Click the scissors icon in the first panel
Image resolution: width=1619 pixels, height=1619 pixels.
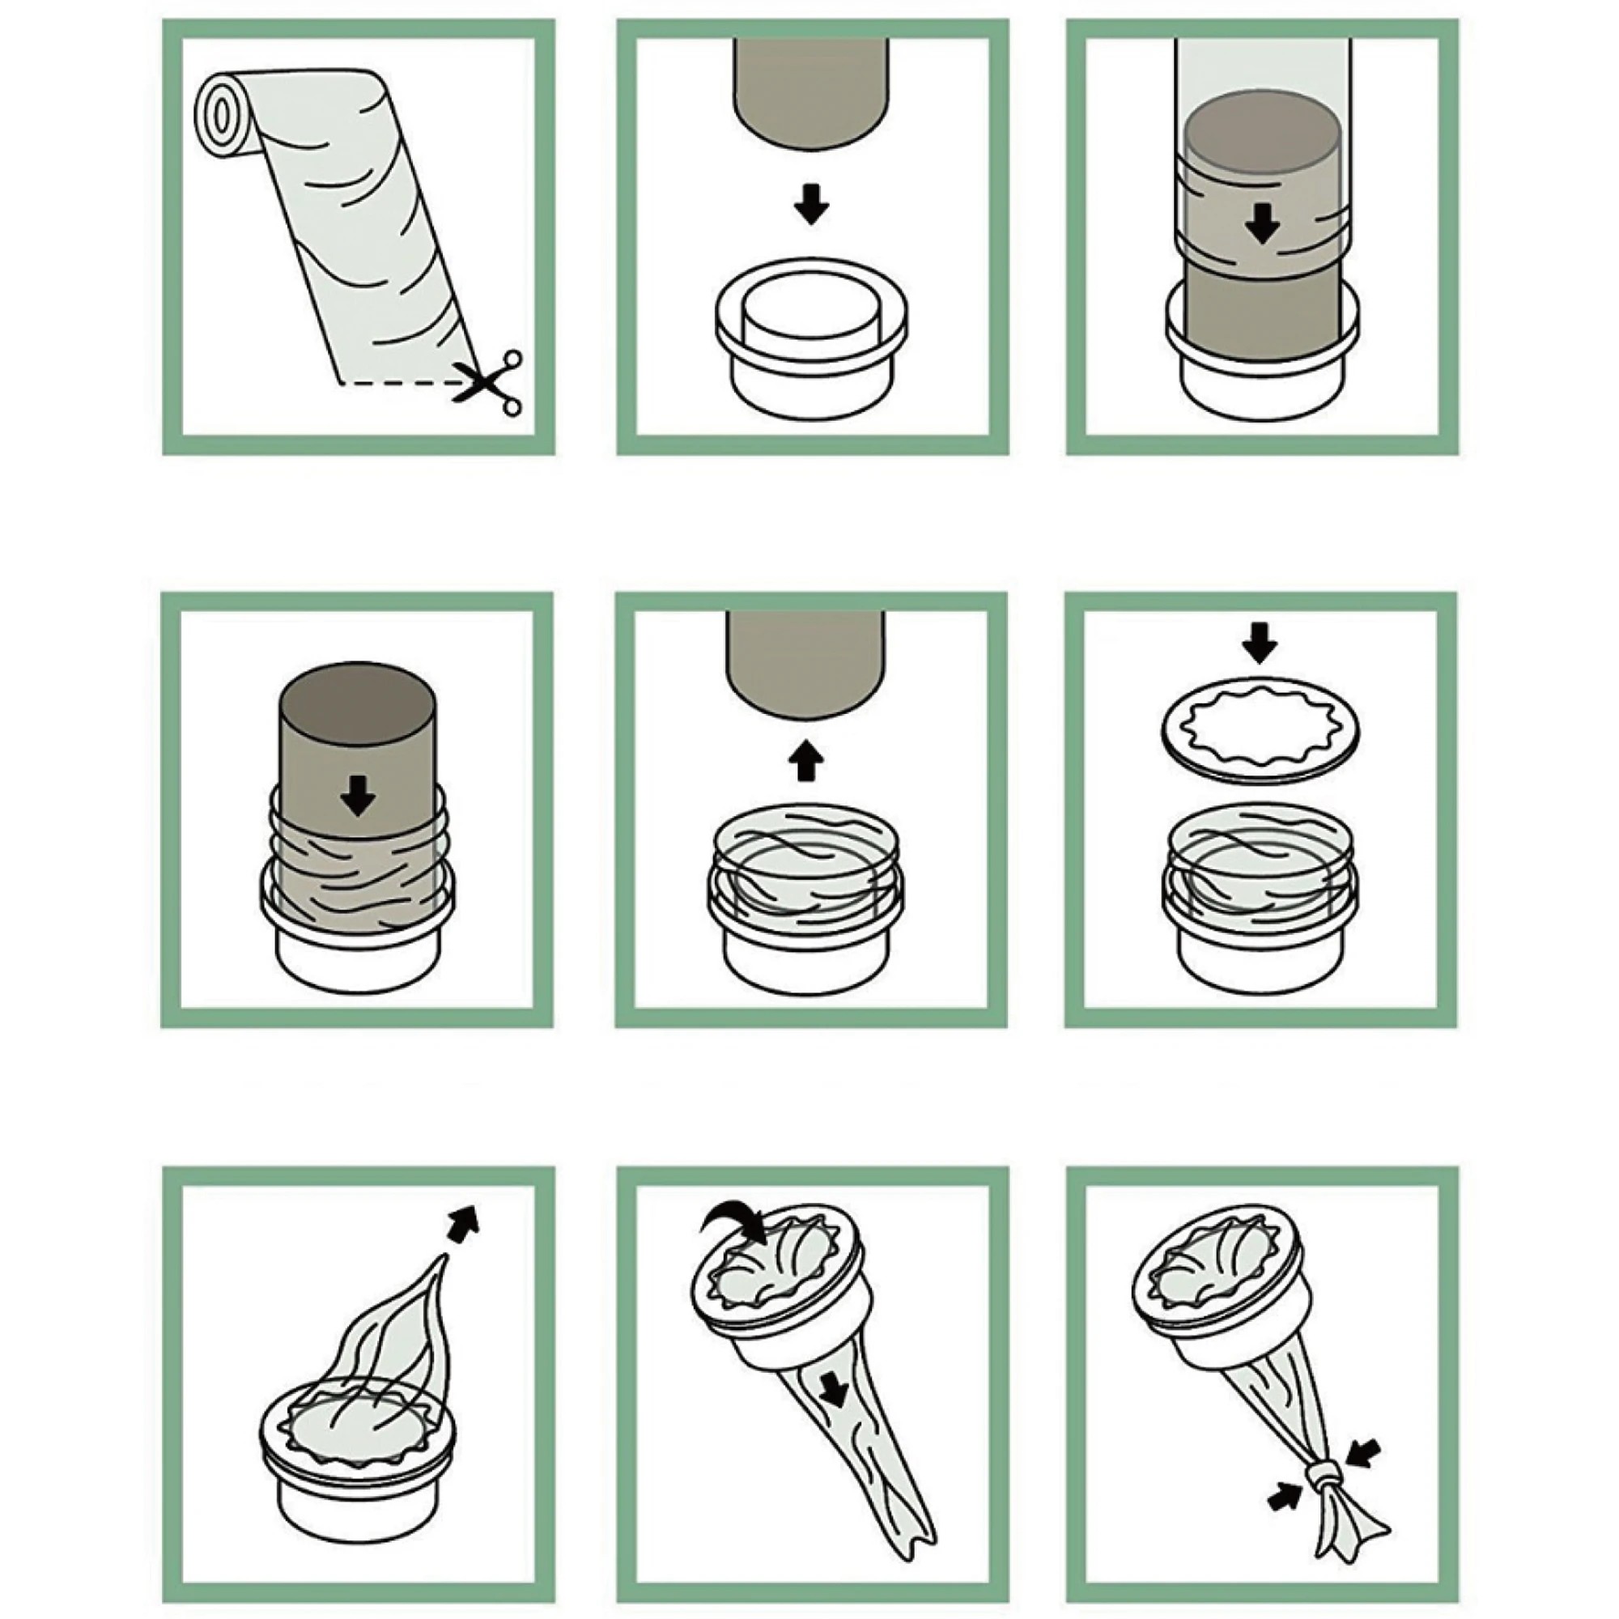490,382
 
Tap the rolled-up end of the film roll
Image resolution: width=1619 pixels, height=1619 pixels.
221,115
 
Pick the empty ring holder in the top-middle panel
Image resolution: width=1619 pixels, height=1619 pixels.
810,343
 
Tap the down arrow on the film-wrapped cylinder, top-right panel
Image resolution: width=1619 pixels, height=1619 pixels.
1261,223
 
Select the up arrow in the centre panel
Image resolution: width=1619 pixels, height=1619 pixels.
805,759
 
